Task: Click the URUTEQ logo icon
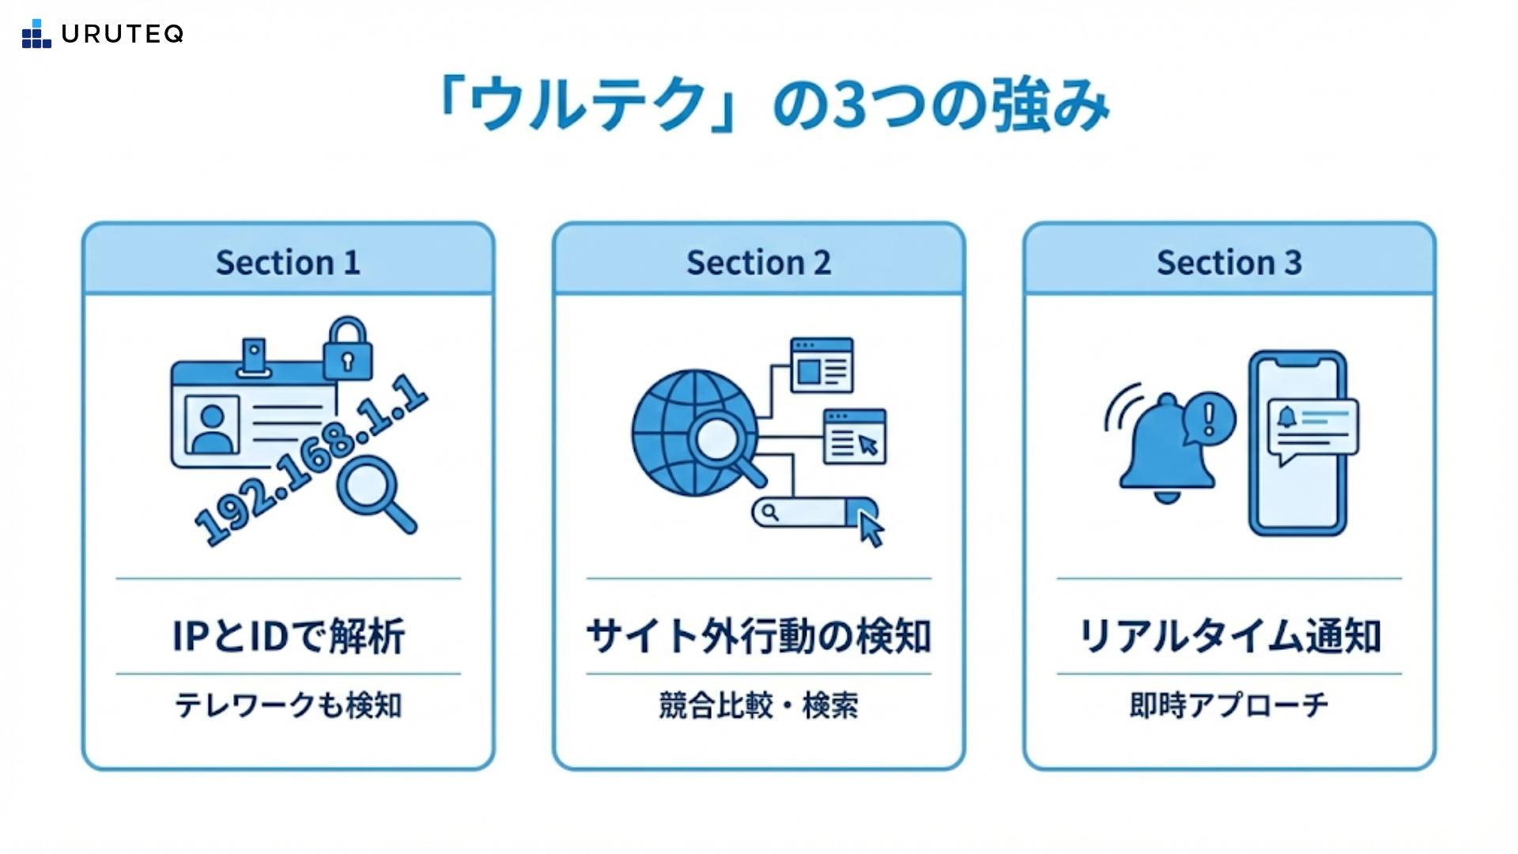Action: [x=36, y=34]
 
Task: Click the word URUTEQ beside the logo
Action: [x=123, y=34]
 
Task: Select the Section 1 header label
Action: [x=288, y=263]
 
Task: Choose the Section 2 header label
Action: [x=758, y=263]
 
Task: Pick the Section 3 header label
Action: [x=1229, y=263]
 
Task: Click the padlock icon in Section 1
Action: [x=347, y=350]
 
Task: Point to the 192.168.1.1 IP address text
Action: [x=311, y=460]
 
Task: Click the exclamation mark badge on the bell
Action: [x=1209, y=418]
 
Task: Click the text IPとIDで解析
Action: [x=288, y=636]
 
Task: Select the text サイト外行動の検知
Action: [x=758, y=636]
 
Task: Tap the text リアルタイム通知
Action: [x=1229, y=636]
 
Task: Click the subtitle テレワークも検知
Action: [x=288, y=705]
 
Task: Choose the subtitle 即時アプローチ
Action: [x=1229, y=705]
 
